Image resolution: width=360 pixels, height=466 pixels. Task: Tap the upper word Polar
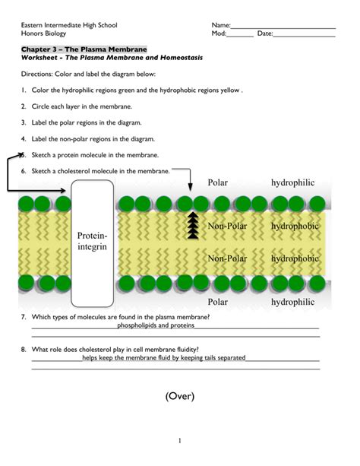[x=217, y=183]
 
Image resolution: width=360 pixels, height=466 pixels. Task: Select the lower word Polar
[x=217, y=301]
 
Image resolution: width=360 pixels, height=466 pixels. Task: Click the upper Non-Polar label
[x=227, y=227]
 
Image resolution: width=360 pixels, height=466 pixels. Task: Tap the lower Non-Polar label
[x=227, y=258]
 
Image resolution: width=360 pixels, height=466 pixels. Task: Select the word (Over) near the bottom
[x=179, y=396]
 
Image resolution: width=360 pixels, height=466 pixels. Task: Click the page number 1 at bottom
[x=180, y=440]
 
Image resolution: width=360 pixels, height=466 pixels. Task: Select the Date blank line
[x=304, y=34]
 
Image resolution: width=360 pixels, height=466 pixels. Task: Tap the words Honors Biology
[x=43, y=34]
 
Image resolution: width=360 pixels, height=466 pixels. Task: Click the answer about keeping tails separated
[x=164, y=357]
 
